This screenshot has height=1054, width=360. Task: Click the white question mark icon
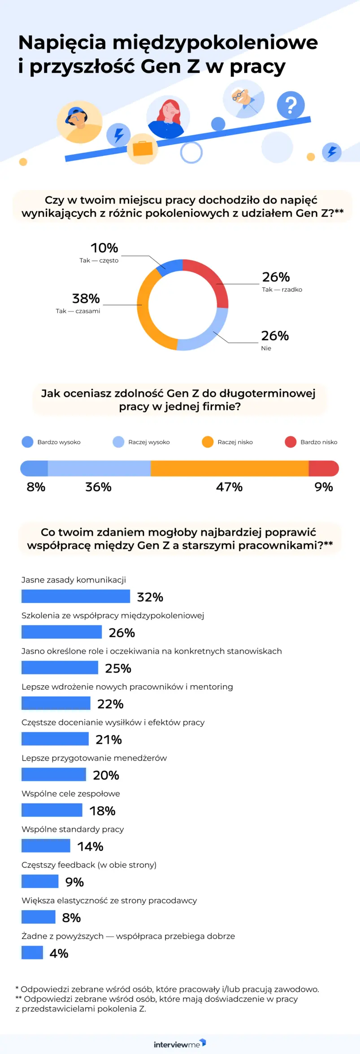(291, 105)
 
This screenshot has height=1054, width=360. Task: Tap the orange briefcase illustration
(143, 148)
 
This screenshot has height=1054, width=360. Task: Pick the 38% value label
(86, 298)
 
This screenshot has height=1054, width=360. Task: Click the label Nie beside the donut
(266, 348)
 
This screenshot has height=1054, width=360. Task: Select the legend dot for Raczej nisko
(208, 442)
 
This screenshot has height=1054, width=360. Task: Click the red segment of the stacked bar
(323, 468)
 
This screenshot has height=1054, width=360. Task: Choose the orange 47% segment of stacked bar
(230, 468)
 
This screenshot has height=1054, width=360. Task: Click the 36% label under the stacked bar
(98, 487)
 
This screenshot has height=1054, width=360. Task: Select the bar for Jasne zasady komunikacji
(76, 596)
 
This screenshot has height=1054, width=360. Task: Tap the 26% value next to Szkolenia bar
(122, 633)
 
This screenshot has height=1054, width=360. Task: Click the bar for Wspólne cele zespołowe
(52, 810)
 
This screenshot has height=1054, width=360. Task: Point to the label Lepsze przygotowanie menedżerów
(94, 758)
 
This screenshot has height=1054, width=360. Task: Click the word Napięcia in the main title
(62, 43)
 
